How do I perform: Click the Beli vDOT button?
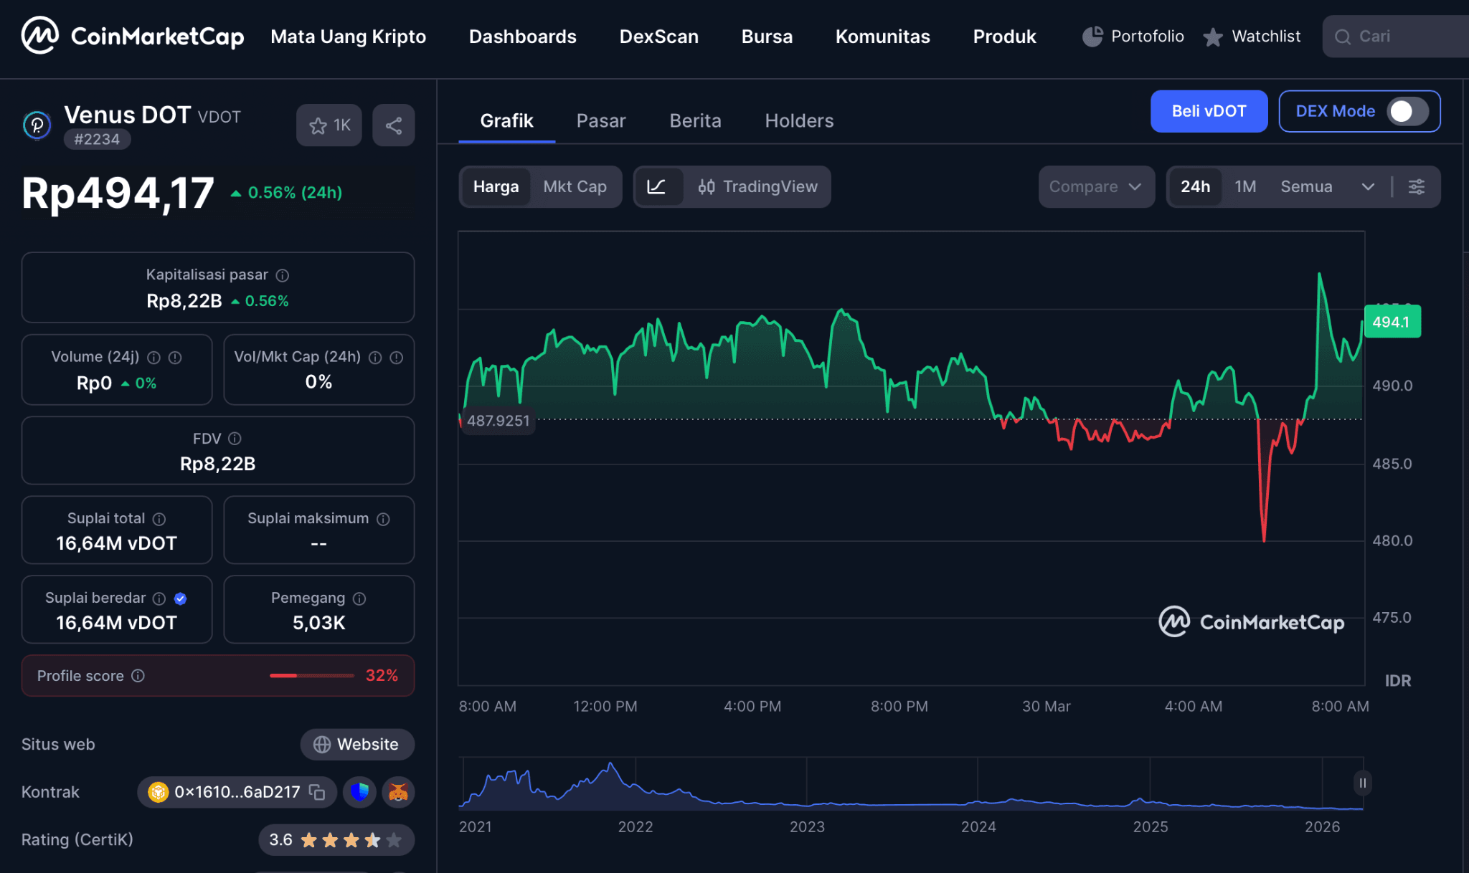1209,111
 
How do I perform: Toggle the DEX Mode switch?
1407,111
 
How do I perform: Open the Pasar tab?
600,120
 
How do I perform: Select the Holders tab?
799,120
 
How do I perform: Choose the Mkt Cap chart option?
575,186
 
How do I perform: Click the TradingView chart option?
757,186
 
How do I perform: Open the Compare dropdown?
1095,186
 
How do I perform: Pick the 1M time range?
1244,186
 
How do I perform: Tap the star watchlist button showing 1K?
329,125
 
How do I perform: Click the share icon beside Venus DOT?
393,125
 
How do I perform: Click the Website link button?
357,744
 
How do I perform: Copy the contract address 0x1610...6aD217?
317,792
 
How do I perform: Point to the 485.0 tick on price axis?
1392,464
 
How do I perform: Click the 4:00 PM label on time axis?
752,706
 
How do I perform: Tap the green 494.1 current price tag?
1391,322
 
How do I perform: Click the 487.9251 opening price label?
498,421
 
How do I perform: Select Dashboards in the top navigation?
522,37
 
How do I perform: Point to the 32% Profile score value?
382,675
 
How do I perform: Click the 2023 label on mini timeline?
807,826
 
